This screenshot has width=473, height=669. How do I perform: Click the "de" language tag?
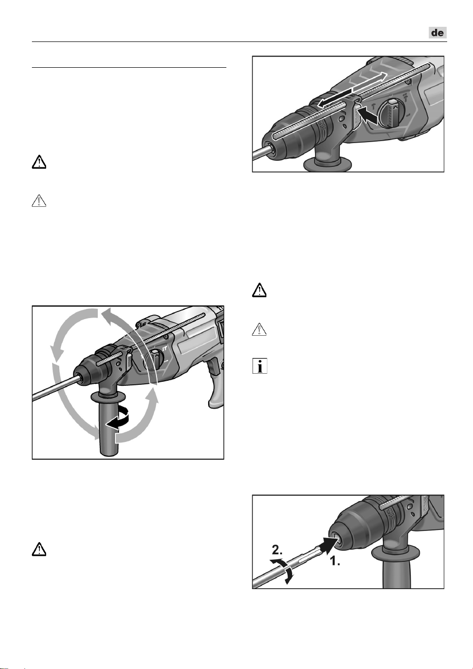438,32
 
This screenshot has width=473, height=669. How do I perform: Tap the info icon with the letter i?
260,366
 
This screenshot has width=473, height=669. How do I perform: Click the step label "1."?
335,561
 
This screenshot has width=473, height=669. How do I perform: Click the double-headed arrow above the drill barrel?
352,89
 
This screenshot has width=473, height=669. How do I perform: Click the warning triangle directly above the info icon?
259,329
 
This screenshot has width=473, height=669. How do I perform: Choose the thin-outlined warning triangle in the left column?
39,200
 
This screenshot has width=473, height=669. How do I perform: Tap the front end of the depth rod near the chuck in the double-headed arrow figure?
274,136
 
